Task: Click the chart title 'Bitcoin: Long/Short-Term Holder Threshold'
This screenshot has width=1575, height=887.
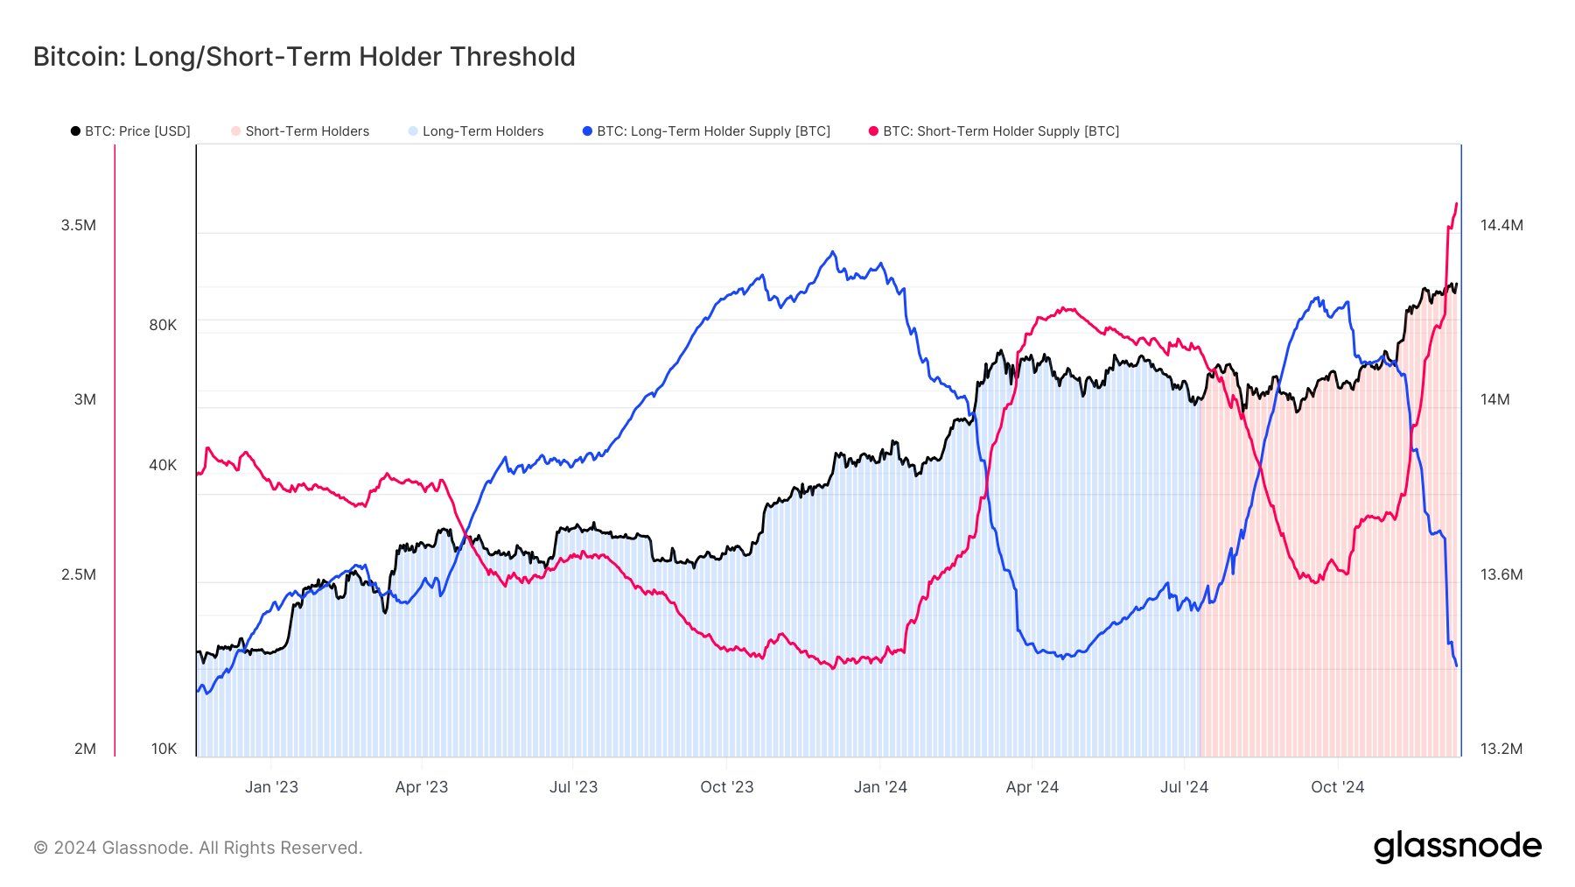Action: coord(304,57)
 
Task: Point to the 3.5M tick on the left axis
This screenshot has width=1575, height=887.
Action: coord(79,225)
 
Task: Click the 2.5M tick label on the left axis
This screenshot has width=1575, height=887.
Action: coord(79,574)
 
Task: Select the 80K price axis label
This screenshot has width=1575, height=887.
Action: coord(163,325)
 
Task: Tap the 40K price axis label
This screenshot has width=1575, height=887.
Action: coord(163,465)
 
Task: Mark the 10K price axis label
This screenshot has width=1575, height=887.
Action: coord(164,749)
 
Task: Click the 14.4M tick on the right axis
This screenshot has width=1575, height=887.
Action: coord(1501,225)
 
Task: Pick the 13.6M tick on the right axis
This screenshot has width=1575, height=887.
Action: coord(1501,574)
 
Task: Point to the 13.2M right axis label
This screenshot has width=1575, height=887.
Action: coord(1501,749)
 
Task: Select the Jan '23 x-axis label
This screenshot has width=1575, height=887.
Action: coord(271,787)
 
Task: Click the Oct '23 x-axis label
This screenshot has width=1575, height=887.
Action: coord(726,787)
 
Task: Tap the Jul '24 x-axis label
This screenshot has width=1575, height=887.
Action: coord(1184,787)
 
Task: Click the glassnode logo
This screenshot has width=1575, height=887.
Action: coord(1457,847)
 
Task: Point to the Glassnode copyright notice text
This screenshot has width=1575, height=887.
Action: coord(198,848)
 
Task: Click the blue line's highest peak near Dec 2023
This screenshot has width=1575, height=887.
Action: coord(832,252)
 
